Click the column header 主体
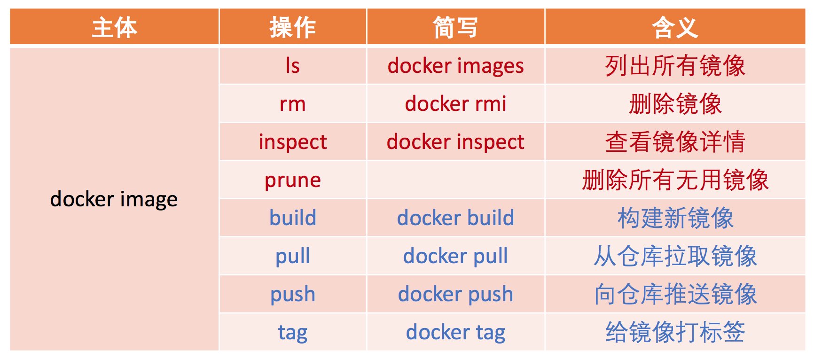[x=114, y=27]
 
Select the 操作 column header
[x=293, y=27]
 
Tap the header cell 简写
[x=455, y=27]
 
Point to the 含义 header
[x=675, y=27]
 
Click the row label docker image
[x=114, y=199]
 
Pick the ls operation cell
[x=293, y=66]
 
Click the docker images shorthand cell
[x=455, y=66]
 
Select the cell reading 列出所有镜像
[x=675, y=66]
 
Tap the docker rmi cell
[x=455, y=104]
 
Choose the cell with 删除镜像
[x=675, y=104]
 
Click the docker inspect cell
[x=455, y=142]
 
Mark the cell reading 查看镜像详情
[x=675, y=142]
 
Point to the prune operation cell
[x=293, y=180]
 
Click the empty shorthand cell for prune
[x=455, y=180]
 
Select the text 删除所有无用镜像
[x=675, y=180]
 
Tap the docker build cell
[x=455, y=218]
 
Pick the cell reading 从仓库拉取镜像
[x=675, y=256]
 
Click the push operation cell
[x=293, y=294]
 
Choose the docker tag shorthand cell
[x=455, y=332]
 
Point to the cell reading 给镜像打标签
[x=675, y=332]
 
